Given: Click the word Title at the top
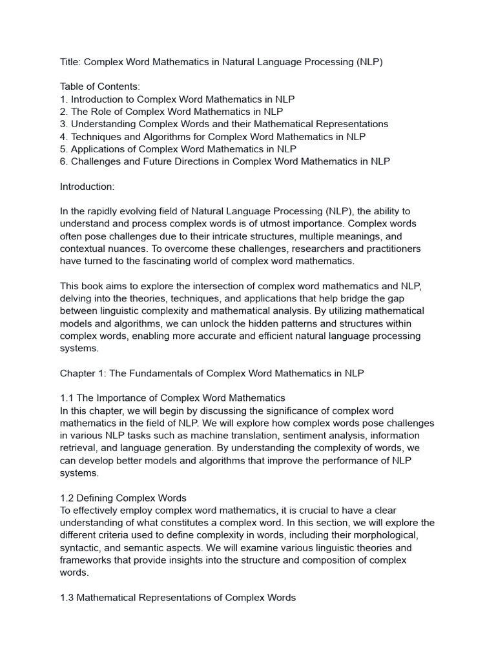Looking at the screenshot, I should tap(70, 62).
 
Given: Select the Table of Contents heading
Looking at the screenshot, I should tap(100, 87).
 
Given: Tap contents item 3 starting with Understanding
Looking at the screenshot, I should tap(224, 124).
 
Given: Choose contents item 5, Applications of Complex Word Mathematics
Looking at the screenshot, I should tap(178, 149).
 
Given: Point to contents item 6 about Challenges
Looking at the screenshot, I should tap(225, 161).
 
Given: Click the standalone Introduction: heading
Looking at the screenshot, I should tap(87, 187).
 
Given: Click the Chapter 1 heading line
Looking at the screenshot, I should tap(212, 374).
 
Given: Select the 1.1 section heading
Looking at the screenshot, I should tap(172, 398).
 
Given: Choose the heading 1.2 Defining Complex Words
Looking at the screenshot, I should tap(123, 498).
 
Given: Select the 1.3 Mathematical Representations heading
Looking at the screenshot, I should tap(178, 598).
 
